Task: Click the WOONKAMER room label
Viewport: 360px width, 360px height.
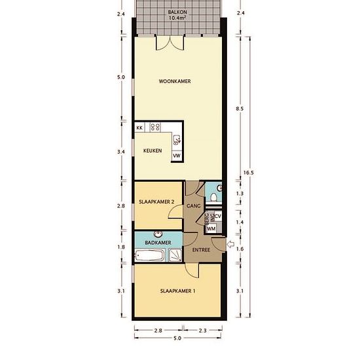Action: pos(175,81)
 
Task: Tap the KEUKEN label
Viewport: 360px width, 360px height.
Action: pos(153,151)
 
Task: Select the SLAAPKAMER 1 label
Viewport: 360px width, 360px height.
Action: pos(177,291)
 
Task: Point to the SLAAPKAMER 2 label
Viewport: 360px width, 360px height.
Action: pos(156,202)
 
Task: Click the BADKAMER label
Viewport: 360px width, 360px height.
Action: pos(158,243)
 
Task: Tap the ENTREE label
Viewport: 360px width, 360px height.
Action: pos(201,250)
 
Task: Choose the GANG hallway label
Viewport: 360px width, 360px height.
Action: pos(194,206)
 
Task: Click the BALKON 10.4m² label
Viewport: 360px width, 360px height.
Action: pos(177,14)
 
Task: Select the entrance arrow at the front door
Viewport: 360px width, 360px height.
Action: pos(230,244)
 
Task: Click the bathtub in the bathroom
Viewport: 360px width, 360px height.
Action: pos(150,255)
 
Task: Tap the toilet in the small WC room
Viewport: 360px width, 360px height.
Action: pos(214,197)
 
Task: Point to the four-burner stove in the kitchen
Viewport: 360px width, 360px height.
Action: pos(155,127)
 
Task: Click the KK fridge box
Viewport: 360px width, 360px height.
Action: pos(139,128)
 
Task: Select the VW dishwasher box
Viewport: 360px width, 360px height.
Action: pos(177,156)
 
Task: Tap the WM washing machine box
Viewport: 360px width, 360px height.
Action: pos(211,228)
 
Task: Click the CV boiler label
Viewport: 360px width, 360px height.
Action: pos(218,216)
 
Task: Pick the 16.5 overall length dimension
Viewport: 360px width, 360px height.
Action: pos(249,173)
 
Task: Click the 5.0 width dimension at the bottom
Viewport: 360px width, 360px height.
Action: pos(177,338)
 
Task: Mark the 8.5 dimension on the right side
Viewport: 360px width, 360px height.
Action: pos(240,109)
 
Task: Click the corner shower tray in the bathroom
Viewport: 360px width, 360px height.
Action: pos(175,255)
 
